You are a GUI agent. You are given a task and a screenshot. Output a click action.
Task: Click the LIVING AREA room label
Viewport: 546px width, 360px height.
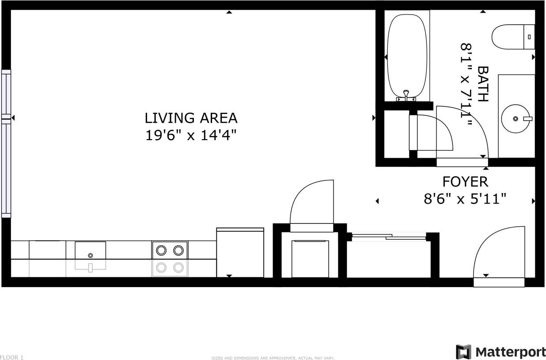pos(191,118)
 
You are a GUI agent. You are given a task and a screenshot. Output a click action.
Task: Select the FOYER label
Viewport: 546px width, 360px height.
pos(465,182)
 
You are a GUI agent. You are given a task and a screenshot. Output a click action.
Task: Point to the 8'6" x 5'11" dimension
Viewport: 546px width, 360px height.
pos(465,199)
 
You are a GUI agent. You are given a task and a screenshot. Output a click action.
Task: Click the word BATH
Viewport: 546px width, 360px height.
pos(482,84)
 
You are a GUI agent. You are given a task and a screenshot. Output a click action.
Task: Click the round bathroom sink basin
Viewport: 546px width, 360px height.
pos(516,118)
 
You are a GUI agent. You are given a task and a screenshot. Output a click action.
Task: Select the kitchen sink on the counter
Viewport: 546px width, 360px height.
pos(90,250)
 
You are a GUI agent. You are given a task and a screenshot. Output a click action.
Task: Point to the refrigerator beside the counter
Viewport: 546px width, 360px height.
pos(240,252)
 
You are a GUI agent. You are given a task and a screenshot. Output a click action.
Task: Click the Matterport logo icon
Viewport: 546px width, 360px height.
pos(463,352)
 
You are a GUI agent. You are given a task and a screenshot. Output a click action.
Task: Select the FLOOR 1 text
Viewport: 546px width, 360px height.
pos(12,357)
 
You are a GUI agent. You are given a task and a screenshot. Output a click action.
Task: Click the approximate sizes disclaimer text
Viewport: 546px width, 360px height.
pos(273,358)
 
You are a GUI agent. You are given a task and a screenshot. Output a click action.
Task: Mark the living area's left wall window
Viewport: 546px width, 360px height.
pos(6,144)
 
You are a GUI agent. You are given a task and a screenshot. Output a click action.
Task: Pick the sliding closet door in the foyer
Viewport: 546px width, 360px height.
pos(389,238)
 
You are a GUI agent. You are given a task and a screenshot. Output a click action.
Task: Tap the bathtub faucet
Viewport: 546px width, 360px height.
pos(406,95)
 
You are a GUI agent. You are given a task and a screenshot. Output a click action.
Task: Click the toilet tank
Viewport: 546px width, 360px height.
pos(529,37)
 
